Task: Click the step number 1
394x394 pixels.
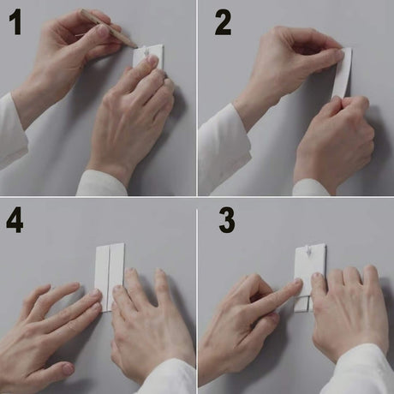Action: click(x=15, y=22)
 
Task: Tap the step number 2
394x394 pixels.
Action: click(x=223, y=22)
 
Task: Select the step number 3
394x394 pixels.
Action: click(x=227, y=220)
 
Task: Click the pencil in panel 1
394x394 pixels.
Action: click(x=109, y=28)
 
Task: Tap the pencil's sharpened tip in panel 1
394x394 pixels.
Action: click(x=137, y=47)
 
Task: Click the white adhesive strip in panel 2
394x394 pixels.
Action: click(x=343, y=73)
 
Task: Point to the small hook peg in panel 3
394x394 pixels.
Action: click(x=307, y=250)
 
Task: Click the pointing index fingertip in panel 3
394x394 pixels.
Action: click(x=298, y=283)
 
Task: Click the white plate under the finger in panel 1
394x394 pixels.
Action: click(x=148, y=57)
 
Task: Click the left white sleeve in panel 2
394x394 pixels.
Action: click(x=224, y=148)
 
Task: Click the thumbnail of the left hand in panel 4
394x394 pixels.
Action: click(x=68, y=369)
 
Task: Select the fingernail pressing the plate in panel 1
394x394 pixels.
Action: click(x=152, y=60)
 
